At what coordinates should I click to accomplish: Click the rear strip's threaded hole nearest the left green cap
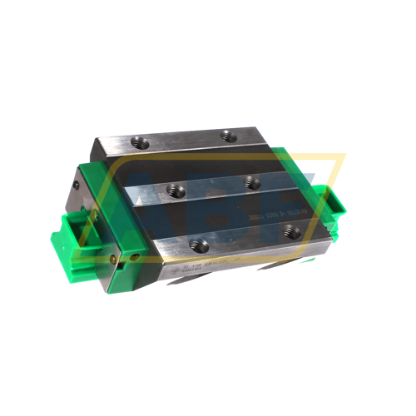(x=141, y=142)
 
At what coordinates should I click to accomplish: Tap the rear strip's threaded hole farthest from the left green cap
(x=229, y=136)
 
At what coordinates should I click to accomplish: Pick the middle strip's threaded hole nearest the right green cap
(x=252, y=182)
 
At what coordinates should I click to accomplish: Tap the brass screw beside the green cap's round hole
(x=114, y=255)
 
